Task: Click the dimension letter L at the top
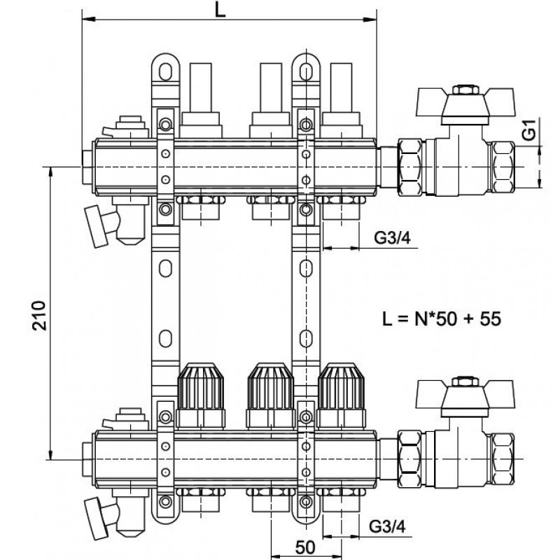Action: (220, 10)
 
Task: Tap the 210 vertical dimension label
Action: (39, 316)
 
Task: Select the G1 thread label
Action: (529, 129)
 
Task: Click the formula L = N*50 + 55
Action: (442, 318)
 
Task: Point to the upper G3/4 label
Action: (393, 237)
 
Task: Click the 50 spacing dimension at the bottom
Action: (306, 547)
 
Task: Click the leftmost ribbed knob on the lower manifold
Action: (201, 387)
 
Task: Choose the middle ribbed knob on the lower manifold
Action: (271, 387)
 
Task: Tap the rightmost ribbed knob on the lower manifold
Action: (341, 387)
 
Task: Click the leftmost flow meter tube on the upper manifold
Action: (201, 88)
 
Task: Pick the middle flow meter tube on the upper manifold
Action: (271, 88)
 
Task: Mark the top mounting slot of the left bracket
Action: (165, 72)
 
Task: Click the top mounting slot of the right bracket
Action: (306, 72)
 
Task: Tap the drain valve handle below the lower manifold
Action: (96, 519)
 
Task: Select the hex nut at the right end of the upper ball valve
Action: (503, 167)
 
